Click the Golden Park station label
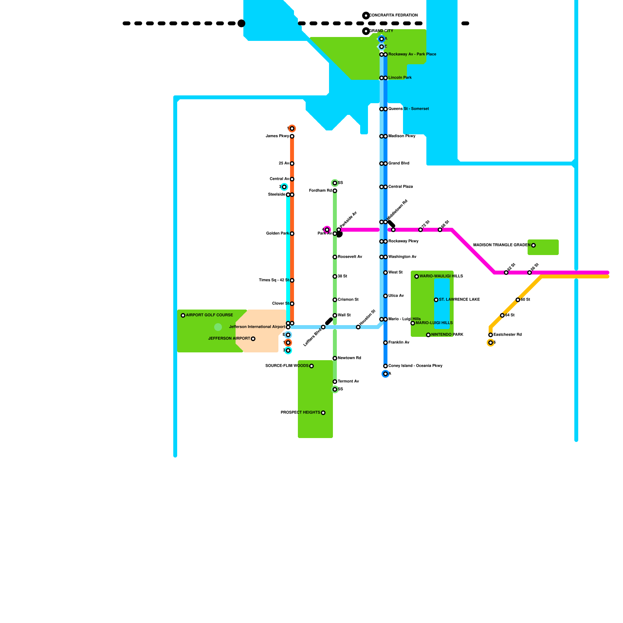coord(277,234)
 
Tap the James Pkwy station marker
coord(292,136)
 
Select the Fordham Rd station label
coord(320,191)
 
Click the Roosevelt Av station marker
coord(335,257)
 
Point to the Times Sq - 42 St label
coord(274,280)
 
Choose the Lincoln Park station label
coord(400,78)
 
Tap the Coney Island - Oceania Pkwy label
coord(415,366)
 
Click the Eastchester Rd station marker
coord(491,335)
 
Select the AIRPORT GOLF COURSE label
coord(209,315)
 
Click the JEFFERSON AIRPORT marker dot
coord(253,339)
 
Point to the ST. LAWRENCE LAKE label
coord(459,300)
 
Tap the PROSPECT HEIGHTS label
coord(300,413)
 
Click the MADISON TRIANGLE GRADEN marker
coord(533,245)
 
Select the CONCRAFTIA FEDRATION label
coord(394,16)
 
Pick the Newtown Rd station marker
coord(335,358)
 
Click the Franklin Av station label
coord(399,343)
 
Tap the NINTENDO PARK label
coord(447,335)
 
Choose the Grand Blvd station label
coord(399,164)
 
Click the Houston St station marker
coord(358,327)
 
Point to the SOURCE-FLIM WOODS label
coord(287,366)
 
